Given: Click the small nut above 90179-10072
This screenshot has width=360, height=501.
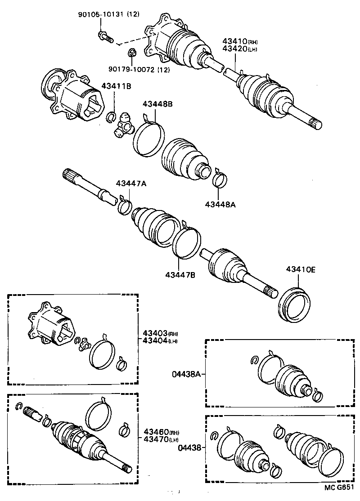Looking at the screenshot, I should tap(132, 54).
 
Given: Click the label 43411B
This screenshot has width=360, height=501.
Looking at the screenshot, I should tap(116, 86).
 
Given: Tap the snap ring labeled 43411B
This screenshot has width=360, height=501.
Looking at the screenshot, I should tap(111, 118).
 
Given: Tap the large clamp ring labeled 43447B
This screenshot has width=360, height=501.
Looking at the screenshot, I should tap(185, 243).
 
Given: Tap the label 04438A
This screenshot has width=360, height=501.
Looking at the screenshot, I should tap(186, 374).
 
